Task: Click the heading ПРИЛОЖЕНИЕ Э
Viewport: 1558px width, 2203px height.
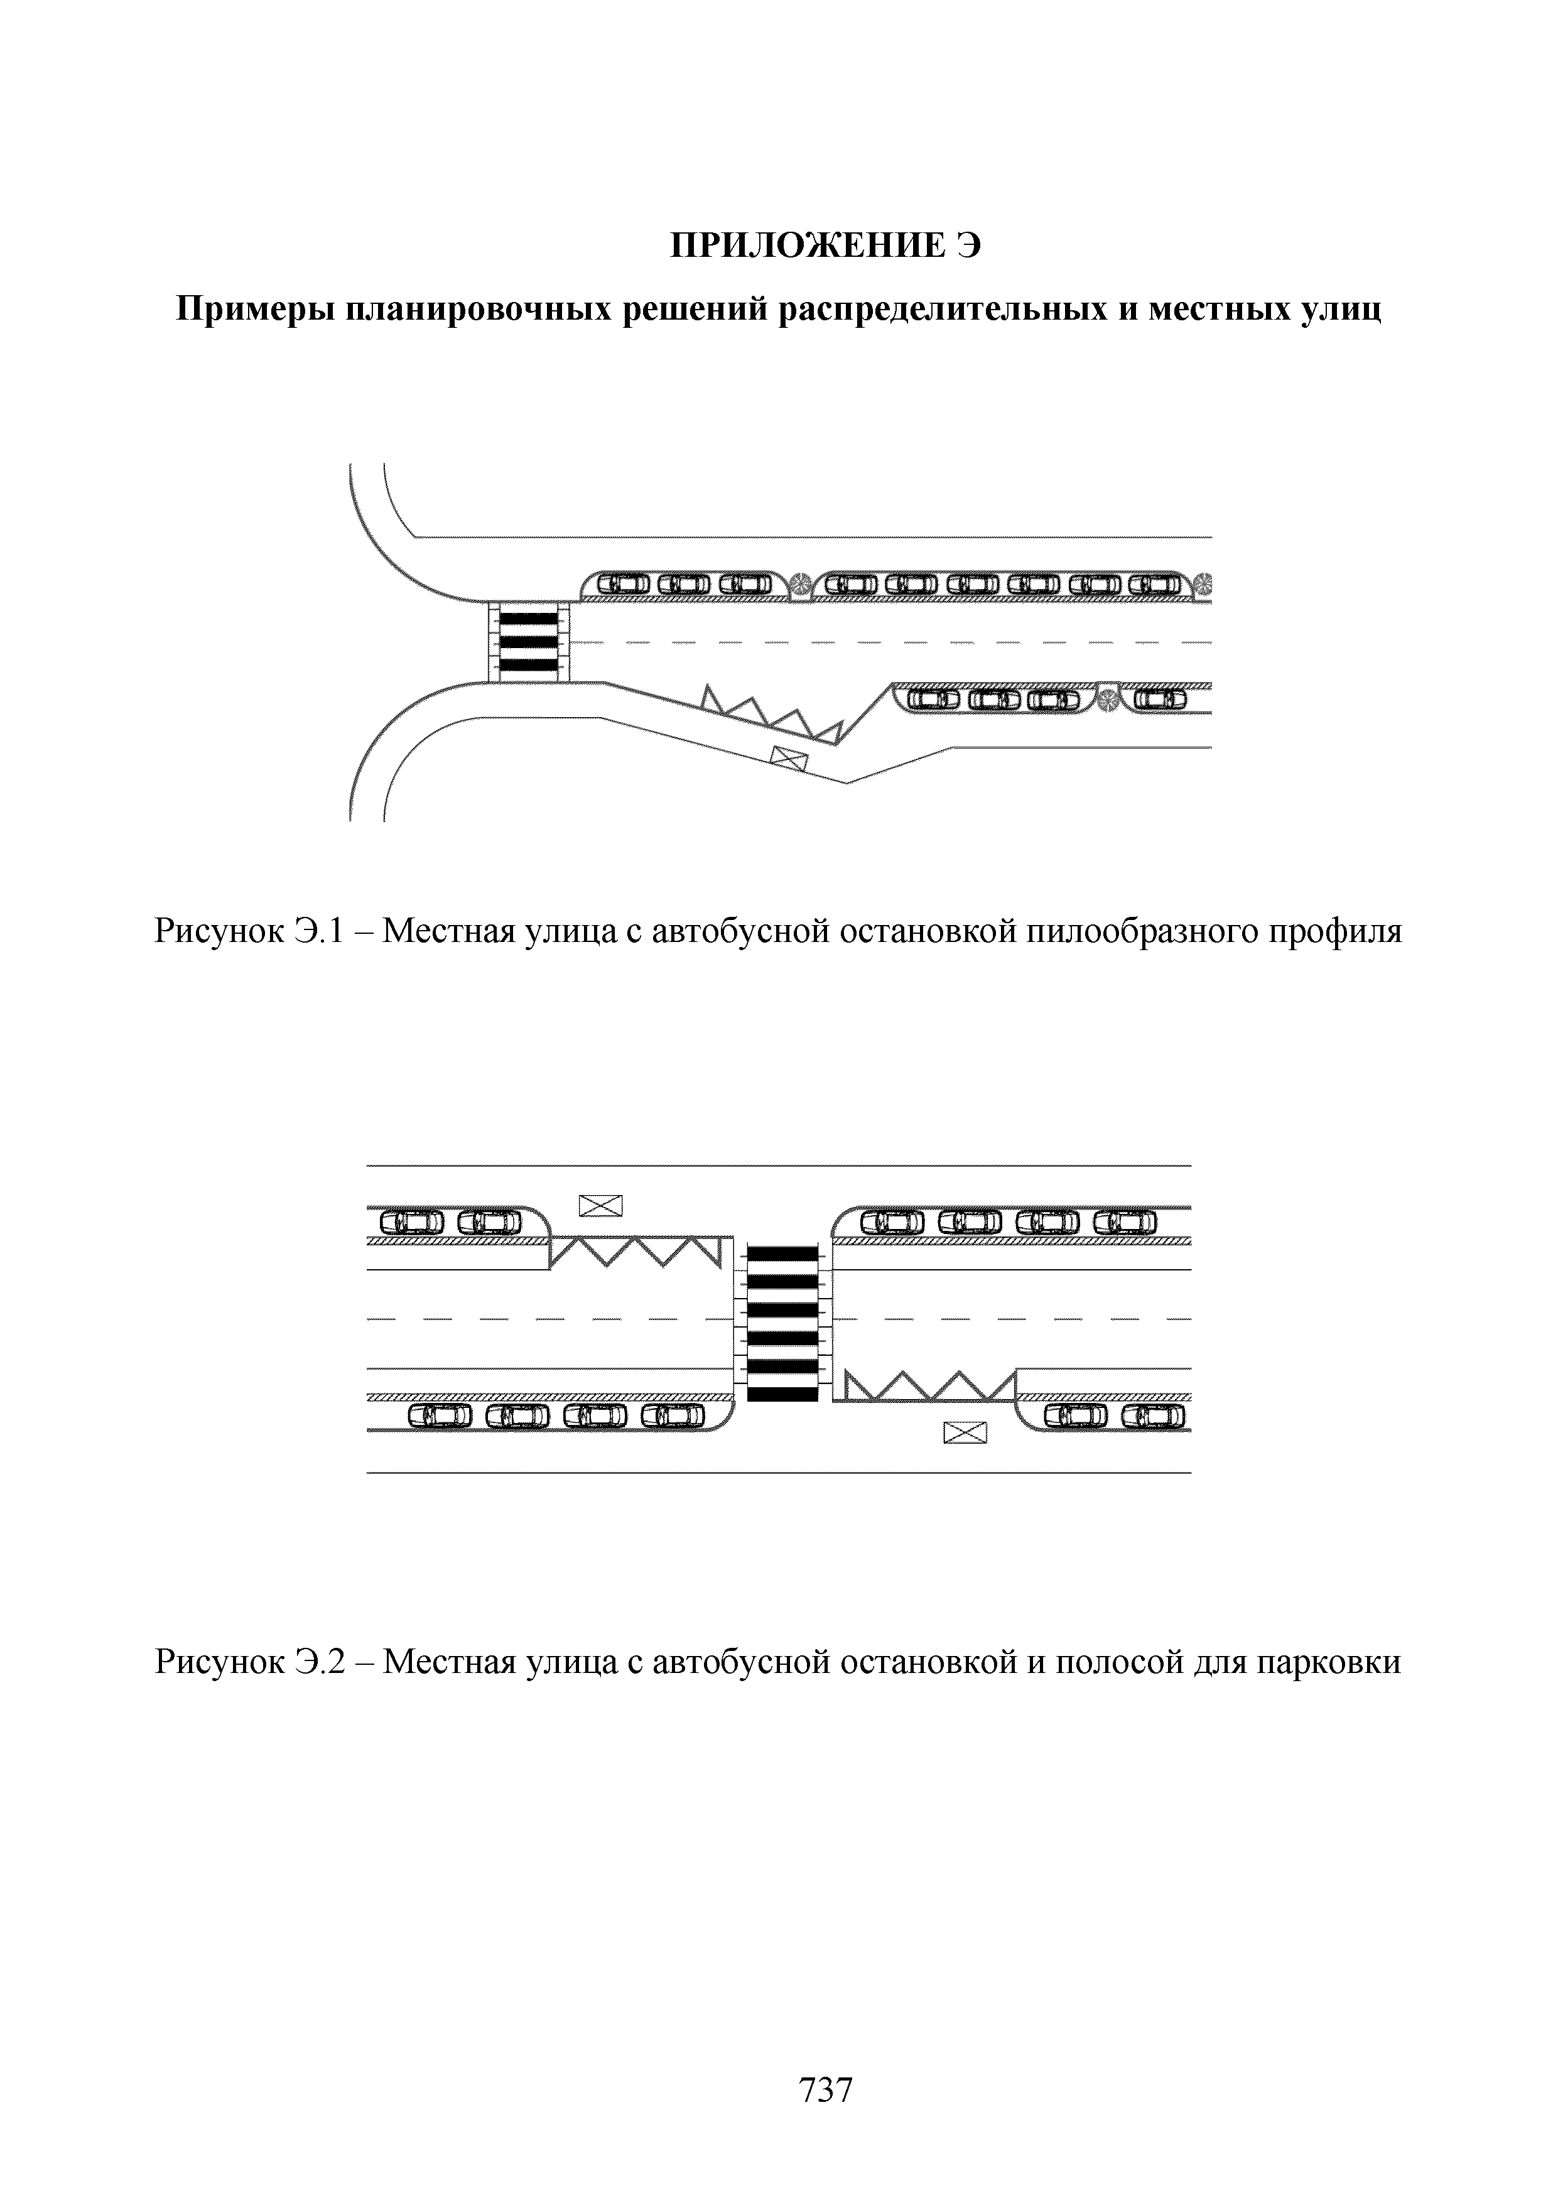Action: (x=825, y=247)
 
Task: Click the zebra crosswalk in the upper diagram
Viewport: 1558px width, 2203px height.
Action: (x=529, y=641)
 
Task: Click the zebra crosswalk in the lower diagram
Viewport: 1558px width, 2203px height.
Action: (x=782, y=1321)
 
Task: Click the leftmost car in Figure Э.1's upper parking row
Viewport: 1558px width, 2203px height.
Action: (x=625, y=583)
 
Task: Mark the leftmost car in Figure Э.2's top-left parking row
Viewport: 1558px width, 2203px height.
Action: (x=413, y=1221)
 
